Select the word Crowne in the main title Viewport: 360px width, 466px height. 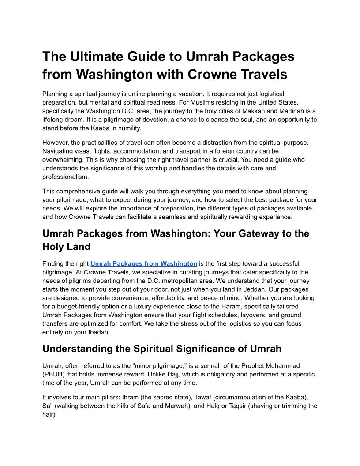[214, 74]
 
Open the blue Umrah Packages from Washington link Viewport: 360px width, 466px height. [144, 264]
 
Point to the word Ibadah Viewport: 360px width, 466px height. [96, 332]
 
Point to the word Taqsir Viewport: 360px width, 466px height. [221, 406]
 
